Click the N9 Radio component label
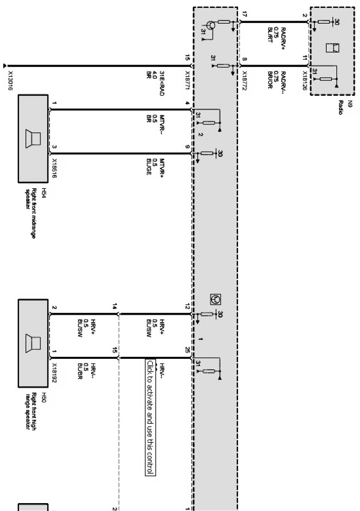[340, 107]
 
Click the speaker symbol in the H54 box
[33, 139]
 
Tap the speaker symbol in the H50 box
[33, 343]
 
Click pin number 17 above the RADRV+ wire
[244, 15]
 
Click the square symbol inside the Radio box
[332, 48]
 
